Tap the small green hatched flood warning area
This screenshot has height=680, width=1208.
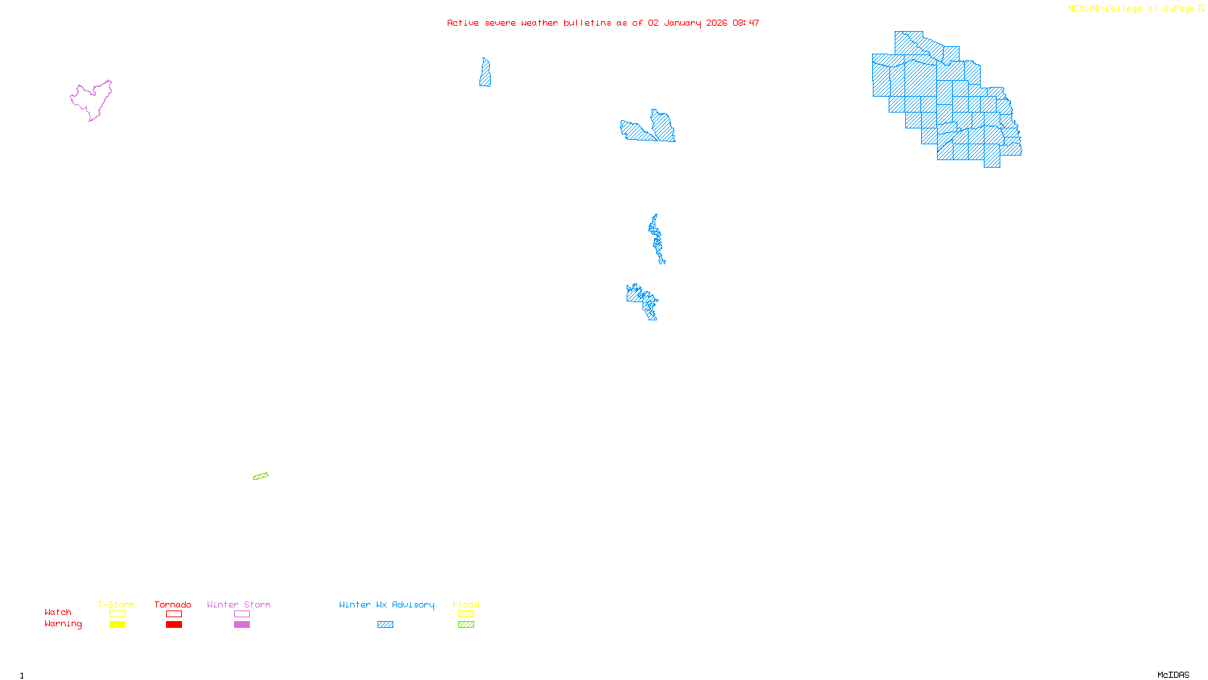pyautogui.click(x=260, y=476)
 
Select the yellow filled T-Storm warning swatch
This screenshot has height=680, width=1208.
pyautogui.click(x=117, y=625)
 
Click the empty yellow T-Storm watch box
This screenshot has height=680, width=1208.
pyautogui.click(x=117, y=614)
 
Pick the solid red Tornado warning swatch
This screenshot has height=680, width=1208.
pyautogui.click(x=174, y=625)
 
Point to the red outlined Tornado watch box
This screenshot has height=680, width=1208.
pyautogui.click(x=174, y=614)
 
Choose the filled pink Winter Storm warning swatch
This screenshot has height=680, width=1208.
pyautogui.click(x=242, y=625)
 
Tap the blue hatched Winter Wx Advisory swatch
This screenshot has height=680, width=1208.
pyautogui.click(x=385, y=625)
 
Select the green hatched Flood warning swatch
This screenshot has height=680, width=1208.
pyautogui.click(x=466, y=625)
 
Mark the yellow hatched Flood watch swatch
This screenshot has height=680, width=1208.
pyautogui.click(x=466, y=614)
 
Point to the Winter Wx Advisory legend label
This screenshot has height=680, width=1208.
pyautogui.click(x=387, y=604)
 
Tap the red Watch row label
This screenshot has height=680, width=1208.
pyautogui.click(x=58, y=613)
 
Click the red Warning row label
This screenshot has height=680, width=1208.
pyautogui.click(x=63, y=624)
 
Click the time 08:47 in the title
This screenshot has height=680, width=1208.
pyautogui.click(x=745, y=23)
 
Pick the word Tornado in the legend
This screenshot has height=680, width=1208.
pyautogui.click(x=173, y=604)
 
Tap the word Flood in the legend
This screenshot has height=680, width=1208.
pyautogui.click(x=466, y=604)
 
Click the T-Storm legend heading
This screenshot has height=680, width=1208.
pyautogui.click(x=116, y=604)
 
